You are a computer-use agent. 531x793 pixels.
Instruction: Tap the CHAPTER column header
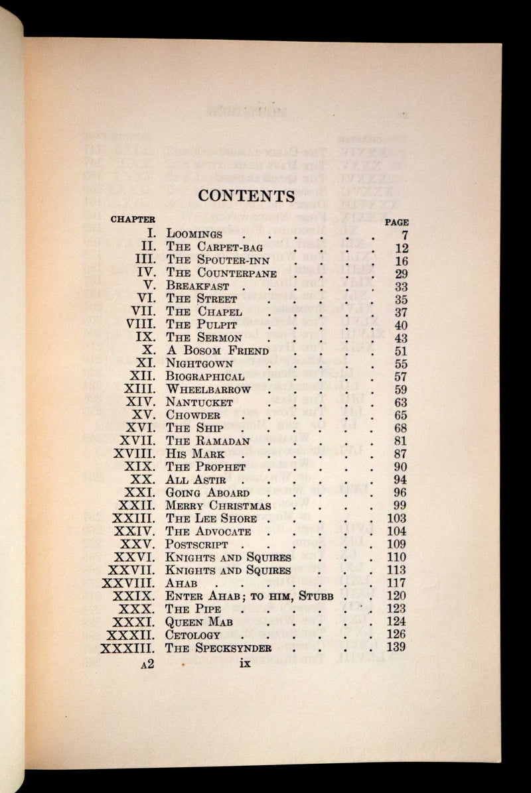coord(133,219)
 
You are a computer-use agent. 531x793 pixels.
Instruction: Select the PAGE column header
coord(397,223)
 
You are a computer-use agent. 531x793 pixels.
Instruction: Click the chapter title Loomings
coord(194,234)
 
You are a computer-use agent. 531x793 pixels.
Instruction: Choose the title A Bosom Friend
coord(217,351)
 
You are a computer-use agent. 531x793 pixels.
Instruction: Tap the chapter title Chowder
coord(193,415)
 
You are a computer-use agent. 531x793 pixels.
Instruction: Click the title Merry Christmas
coord(218,506)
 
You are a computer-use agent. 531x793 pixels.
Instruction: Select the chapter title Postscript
coord(197,544)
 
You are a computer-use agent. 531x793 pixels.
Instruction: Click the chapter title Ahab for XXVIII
coord(181,583)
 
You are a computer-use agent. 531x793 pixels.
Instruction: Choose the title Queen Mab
coord(198,622)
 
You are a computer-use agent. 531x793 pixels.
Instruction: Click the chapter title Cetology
coord(192,635)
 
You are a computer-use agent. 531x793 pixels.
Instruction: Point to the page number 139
coord(396,648)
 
